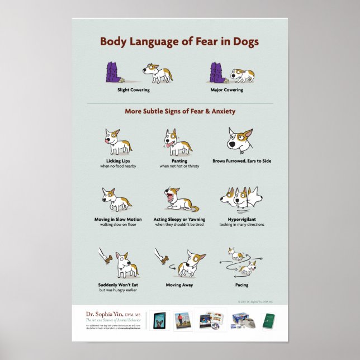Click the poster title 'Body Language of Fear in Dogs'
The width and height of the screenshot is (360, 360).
179,42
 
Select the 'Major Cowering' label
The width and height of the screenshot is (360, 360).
226,89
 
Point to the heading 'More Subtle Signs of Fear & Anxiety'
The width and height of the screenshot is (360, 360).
179,111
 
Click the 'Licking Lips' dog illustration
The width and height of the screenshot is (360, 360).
117,141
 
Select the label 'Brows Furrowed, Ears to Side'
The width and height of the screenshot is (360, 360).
241,161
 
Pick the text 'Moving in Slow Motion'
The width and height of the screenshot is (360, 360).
117,219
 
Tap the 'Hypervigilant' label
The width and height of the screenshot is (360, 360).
241,219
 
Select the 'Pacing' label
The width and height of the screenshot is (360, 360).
241,285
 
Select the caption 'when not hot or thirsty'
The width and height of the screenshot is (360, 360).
179,166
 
